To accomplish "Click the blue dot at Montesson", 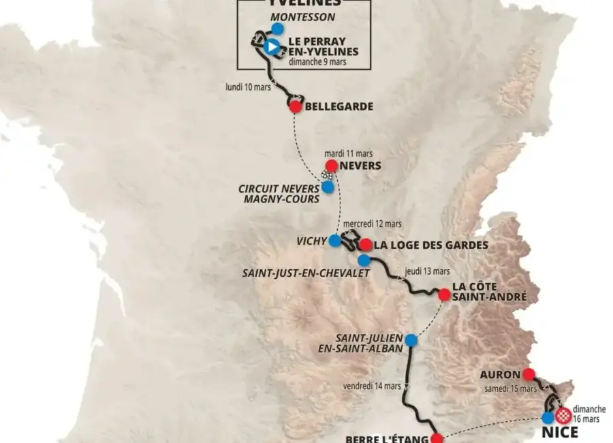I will tap(277, 29).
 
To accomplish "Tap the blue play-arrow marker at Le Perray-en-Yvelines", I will tap(272, 47).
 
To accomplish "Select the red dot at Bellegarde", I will tap(295, 106).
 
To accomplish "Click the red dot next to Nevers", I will tap(331, 166).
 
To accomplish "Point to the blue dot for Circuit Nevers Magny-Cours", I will tap(328, 186).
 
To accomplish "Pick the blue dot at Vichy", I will tap(334, 241).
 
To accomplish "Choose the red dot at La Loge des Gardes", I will tap(366, 245).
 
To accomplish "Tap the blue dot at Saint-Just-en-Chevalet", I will tap(364, 260).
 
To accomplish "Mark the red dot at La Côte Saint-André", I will tap(444, 294).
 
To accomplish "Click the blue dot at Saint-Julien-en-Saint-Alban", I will tap(411, 340).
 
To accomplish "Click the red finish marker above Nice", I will tap(563, 414).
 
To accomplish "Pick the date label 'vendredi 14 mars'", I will tap(372, 386).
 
